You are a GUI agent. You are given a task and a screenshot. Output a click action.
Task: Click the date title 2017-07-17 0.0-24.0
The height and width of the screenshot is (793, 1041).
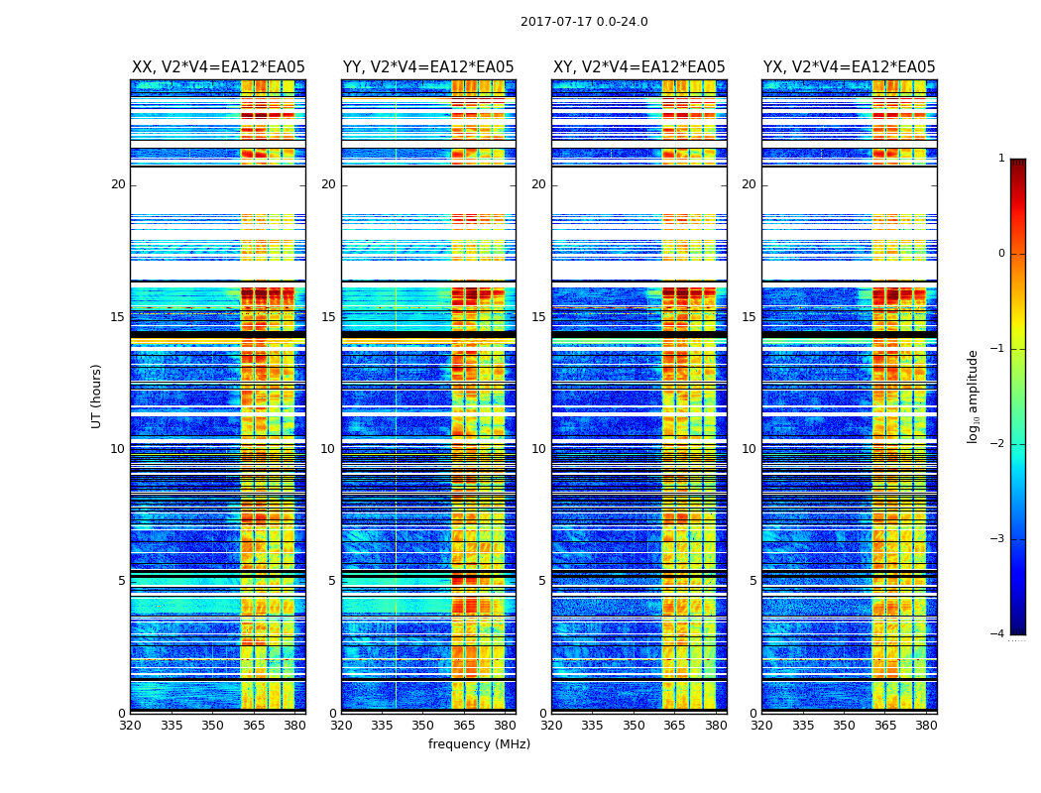[x=584, y=22]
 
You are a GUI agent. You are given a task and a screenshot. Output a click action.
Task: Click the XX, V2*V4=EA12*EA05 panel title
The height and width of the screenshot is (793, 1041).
[x=218, y=67]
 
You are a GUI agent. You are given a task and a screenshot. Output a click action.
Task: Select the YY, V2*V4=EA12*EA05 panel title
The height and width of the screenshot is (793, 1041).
[x=428, y=67]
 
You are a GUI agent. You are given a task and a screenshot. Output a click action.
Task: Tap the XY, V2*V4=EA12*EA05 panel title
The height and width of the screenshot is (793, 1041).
[x=638, y=67]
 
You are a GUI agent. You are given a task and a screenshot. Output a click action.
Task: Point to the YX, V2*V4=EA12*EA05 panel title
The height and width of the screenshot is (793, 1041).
[x=849, y=67]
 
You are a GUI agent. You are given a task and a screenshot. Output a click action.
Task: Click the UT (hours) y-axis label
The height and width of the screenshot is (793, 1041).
[x=97, y=396]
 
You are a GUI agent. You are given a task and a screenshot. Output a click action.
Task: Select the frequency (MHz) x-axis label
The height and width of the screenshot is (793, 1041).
[x=479, y=744]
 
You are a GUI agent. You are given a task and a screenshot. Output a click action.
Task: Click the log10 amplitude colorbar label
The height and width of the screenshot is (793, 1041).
[x=974, y=396]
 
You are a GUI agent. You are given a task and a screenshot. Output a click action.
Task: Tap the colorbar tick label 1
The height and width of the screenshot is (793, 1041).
[x=1001, y=159]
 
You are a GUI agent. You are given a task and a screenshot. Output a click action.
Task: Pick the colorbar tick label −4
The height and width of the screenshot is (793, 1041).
[x=999, y=634]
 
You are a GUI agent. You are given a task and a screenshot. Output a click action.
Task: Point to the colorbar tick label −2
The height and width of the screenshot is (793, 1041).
[x=999, y=444]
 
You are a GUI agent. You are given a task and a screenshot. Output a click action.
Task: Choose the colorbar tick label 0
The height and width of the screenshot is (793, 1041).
[x=1001, y=254]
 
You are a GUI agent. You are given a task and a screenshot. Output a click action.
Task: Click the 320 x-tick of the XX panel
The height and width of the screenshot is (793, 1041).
[x=130, y=725]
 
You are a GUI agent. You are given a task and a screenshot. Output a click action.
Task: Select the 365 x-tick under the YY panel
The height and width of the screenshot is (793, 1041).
[x=464, y=725]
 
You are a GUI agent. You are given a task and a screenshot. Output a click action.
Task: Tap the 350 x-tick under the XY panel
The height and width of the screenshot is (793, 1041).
[x=634, y=725]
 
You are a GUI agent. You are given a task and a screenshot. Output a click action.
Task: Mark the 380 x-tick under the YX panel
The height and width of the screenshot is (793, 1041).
[x=926, y=725]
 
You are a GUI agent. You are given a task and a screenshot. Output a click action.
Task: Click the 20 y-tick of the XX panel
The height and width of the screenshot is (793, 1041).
[x=118, y=184]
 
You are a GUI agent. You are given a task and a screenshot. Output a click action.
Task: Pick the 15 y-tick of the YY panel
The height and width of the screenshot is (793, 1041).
[x=328, y=317]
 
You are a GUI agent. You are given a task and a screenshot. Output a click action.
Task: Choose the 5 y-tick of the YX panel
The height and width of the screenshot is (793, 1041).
[x=752, y=581]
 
